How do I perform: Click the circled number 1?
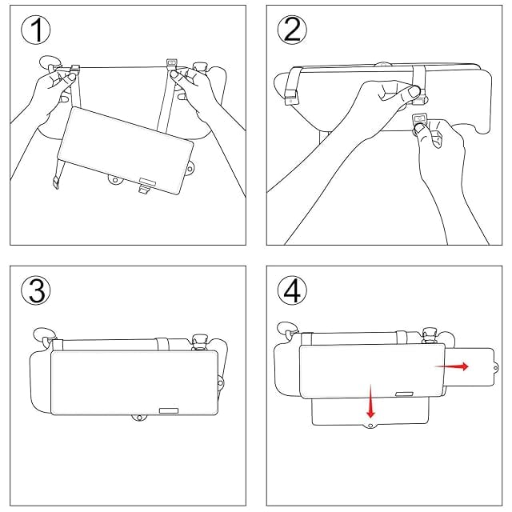36,30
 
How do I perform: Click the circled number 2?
292,30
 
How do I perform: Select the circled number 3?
36,290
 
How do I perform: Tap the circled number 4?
292,290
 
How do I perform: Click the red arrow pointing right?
452,366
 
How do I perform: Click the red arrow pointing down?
370,402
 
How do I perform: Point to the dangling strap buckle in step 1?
55,182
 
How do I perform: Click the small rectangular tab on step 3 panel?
169,410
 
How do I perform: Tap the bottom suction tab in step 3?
139,418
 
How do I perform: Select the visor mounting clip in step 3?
200,342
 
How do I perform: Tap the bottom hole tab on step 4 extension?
370,426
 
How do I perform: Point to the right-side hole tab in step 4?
496,368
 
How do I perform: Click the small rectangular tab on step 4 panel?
404,394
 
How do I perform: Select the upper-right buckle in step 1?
171,64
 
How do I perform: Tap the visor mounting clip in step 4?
429,335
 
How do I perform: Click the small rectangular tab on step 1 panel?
147,181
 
